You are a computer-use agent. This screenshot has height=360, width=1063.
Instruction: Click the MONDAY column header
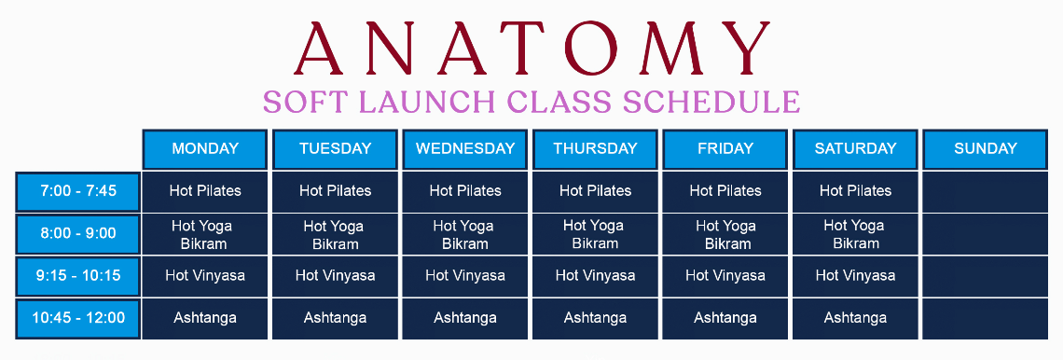[x=205, y=149]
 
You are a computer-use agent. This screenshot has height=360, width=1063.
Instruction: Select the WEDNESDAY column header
[x=465, y=149]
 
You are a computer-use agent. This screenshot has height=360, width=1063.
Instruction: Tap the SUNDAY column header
[x=985, y=149]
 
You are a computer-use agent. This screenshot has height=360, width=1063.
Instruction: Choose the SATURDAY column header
[x=855, y=149]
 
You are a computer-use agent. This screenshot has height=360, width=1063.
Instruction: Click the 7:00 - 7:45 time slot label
[x=78, y=191]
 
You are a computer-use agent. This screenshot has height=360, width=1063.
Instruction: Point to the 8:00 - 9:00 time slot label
[x=78, y=234]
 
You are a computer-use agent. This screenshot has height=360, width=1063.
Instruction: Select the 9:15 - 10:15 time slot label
[x=78, y=276]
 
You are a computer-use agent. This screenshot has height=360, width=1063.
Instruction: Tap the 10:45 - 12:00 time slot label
[x=78, y=319]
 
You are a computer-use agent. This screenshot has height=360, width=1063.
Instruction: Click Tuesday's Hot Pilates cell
[x=335, y=191]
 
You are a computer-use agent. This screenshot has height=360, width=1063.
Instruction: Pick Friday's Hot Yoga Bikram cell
[x=725, y=234]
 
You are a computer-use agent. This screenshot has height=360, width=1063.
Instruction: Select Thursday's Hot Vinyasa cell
[x=595, y=276]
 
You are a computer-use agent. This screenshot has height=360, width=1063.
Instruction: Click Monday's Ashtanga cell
[x=205, y=319]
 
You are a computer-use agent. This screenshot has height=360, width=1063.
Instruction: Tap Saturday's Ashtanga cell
[x=855, y=319]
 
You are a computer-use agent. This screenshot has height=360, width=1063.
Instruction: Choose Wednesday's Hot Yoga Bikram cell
[x=465, y=234]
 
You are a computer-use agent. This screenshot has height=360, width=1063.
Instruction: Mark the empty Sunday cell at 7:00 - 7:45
[x=985, y=191]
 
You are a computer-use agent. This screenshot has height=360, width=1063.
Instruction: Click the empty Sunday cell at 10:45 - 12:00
[x=985, y=319]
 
